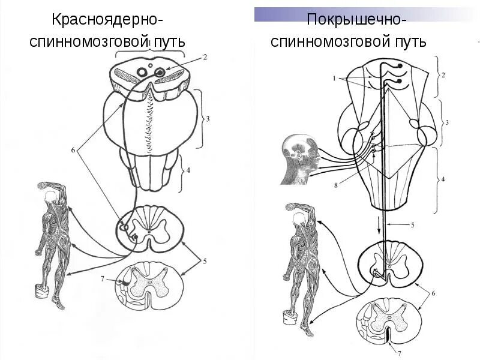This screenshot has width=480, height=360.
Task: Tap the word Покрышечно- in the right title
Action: pos(357,20)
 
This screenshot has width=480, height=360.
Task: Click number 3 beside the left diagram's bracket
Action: pos(208,119)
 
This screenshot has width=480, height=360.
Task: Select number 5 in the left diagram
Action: pos(205,261)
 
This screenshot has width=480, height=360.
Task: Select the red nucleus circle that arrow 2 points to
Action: pos(160,73)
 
